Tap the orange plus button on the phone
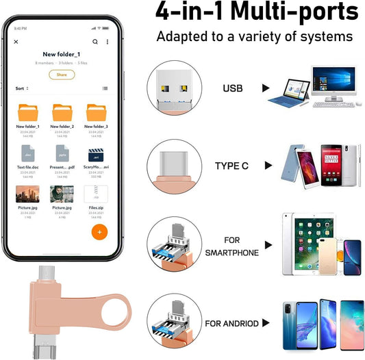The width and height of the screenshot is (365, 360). pos(100,231)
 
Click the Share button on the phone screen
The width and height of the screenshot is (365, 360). pos(62,75)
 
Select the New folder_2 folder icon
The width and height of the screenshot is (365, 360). pos(62,112)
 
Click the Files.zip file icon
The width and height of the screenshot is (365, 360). pos(95,194)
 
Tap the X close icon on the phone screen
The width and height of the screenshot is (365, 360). pos(16,42)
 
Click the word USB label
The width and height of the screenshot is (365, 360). pos(232,88)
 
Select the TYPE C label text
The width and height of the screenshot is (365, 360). pos(233,166)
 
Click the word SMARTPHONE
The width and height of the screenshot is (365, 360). pos(232,253)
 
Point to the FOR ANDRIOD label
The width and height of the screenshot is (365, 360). pos(232,323)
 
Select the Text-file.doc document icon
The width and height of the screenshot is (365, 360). pos(28,153)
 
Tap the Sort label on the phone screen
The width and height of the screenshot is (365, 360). pos(21,88)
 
